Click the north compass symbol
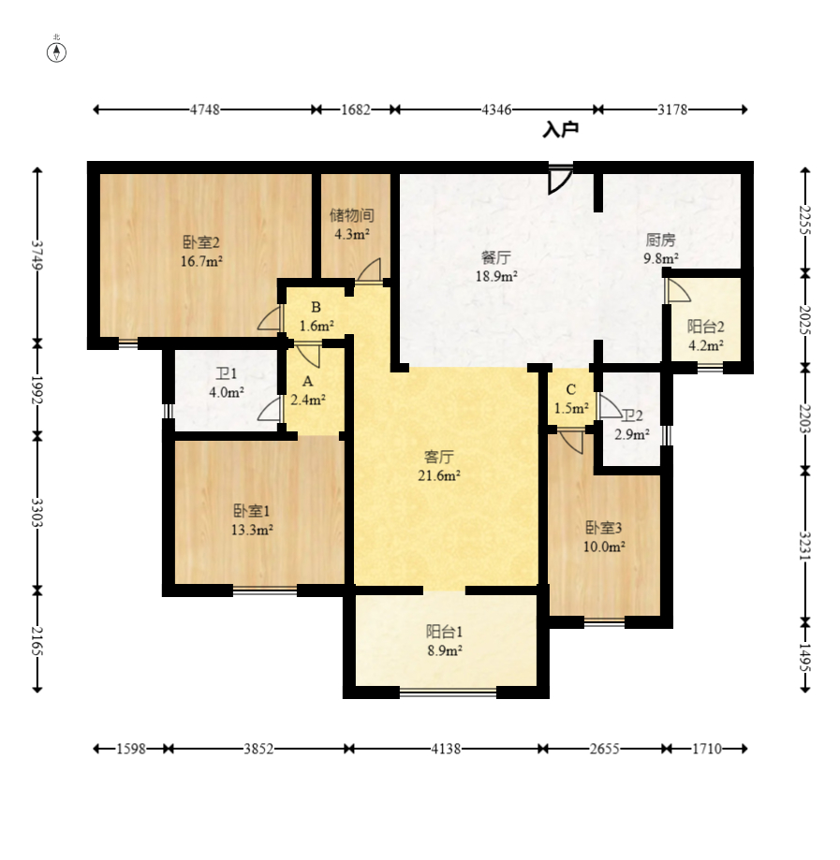coord(56,52)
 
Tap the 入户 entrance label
coord(560,130)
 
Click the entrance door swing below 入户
coord(561,180)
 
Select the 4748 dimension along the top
coord(205,109)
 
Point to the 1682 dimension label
coord(356,109)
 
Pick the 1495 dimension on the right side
coord(804,658)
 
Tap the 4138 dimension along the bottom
coord(446,749)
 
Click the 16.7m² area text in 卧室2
coord(201,261)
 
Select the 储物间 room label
coord(352,215)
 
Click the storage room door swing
coord(369,271)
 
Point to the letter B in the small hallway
coord(316,307)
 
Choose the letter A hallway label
coord(307,381)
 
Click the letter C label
coord(571,389)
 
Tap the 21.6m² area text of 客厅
coord(439,475)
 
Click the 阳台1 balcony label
coord(444,632)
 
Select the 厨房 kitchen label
coord(660,240)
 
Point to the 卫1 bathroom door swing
coord(269,410)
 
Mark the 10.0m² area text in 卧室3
coord(604,547)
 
